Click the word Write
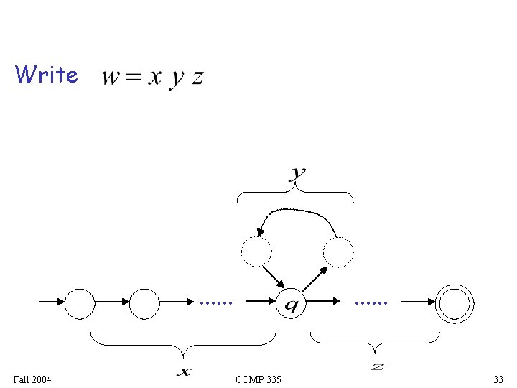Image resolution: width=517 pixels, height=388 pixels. coord(46,74)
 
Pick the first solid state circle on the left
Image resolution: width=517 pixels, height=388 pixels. coord(80,303)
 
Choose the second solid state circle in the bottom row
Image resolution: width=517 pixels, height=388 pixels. coord(144,303)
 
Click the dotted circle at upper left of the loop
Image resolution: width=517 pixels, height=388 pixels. coord(256,251)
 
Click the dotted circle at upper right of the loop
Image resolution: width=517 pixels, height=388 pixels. coord(338,251)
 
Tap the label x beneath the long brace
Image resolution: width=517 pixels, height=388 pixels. coord(185,371)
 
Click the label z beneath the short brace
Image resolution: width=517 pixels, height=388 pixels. coord(378,367)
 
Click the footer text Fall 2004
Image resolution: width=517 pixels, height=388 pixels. coord(32,379)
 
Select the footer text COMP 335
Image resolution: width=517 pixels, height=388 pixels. coord(258,379)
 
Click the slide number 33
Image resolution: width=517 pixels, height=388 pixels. coord(498,379)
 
